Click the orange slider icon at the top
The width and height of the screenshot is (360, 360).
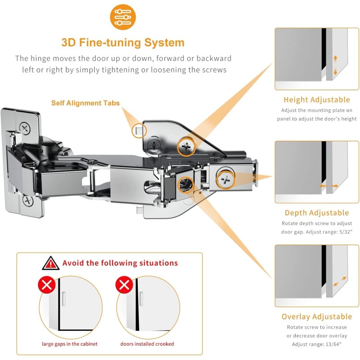coord(122,17)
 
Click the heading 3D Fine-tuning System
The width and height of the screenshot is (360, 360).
coord(123,43)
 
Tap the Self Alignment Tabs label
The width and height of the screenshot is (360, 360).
coord(85,103)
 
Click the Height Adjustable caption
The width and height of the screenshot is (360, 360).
coord(316,100)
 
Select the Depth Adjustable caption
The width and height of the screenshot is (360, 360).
coord(316,213)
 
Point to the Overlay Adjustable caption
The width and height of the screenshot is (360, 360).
coord(316,317)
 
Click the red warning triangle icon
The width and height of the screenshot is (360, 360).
coord(50,263)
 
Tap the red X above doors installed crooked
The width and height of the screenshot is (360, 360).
coord(124,285)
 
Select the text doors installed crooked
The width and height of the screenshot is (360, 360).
coord(147,344)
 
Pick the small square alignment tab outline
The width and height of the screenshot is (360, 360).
coord(138,130)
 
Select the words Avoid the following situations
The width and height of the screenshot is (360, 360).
coord(120,263)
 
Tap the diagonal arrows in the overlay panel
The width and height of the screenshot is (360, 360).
coord(340,282)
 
